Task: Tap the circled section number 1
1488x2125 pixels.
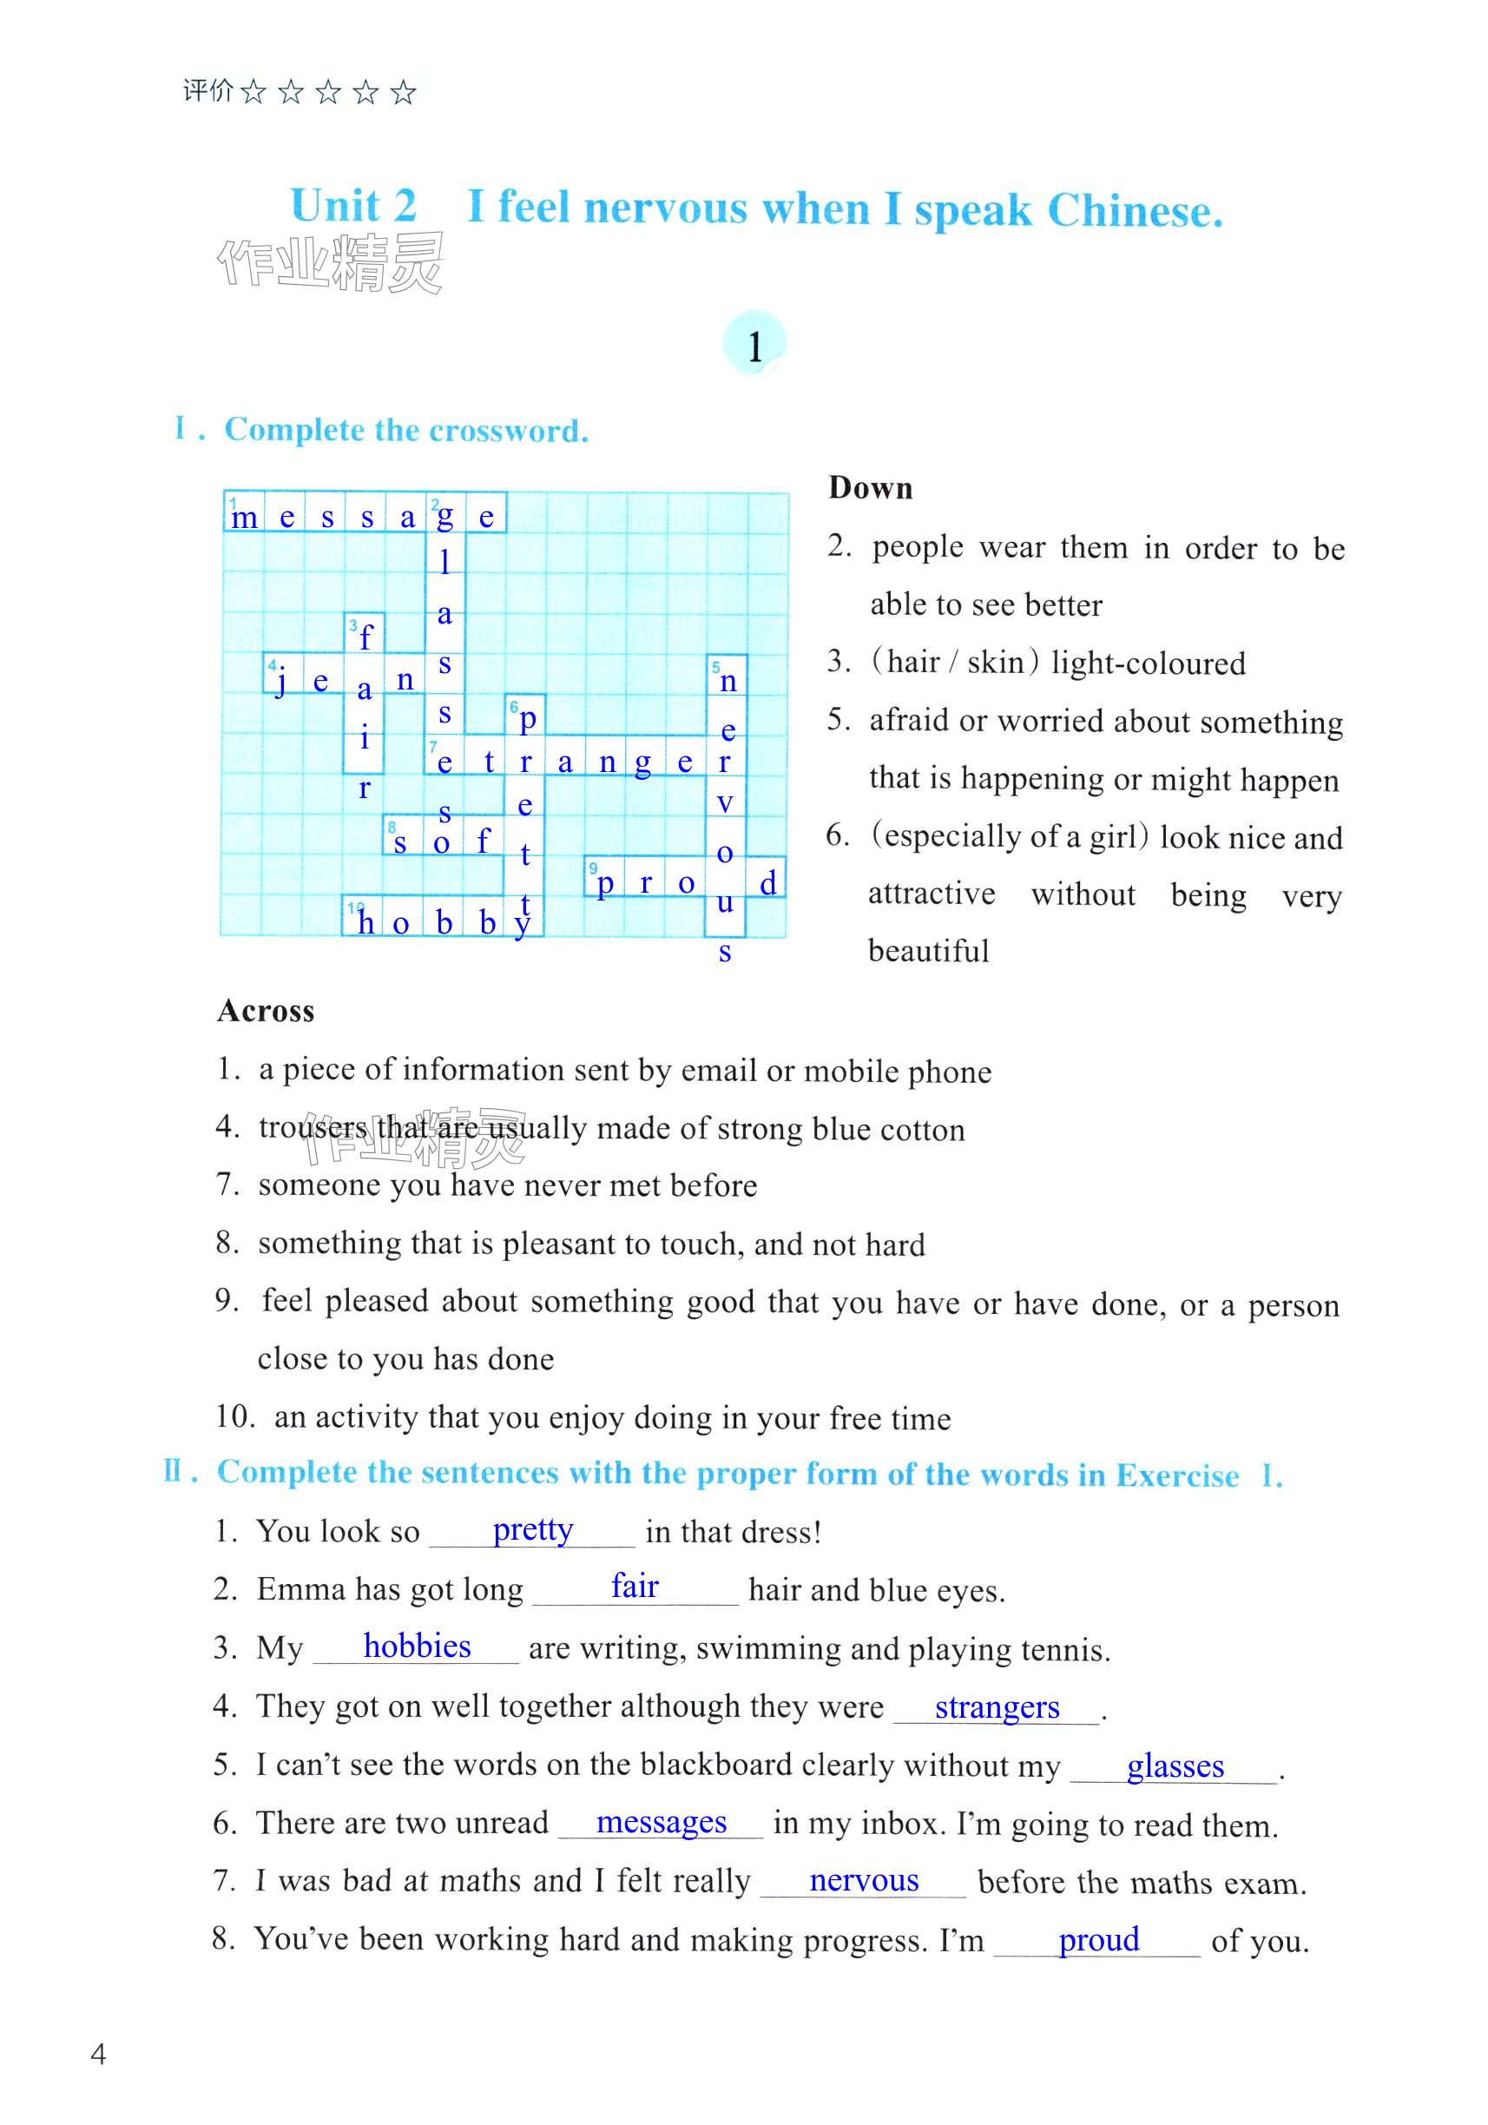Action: click(754, 346)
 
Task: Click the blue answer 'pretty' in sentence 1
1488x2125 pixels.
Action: click(532, 1530)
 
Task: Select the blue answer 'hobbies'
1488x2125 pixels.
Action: click(417, 1647)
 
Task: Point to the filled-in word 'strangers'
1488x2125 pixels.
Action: click(997, 1706)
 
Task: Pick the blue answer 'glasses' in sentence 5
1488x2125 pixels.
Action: click(1175, 1765)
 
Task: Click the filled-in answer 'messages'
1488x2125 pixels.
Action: click(661, 1821)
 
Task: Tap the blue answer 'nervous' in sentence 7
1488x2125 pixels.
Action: click(864, 1880)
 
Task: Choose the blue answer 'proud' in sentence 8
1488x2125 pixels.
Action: click(1098, 1939)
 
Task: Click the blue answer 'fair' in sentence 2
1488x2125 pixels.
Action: click(634, 1587)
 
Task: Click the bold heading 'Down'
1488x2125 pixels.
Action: click(870, 488)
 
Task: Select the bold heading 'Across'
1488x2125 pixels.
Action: click(266, 1011)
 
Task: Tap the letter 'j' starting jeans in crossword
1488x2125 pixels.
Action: click(280, 682)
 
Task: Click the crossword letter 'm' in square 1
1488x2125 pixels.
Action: click(244, 518)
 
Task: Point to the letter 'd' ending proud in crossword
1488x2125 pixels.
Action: click(767, 883)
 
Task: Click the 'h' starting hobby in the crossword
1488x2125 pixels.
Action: click(365, 922)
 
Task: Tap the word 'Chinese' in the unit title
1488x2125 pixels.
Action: click(1135, 211)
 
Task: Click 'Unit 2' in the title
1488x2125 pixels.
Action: click(352, 206)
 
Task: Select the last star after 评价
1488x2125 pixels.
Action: click(403, 92)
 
